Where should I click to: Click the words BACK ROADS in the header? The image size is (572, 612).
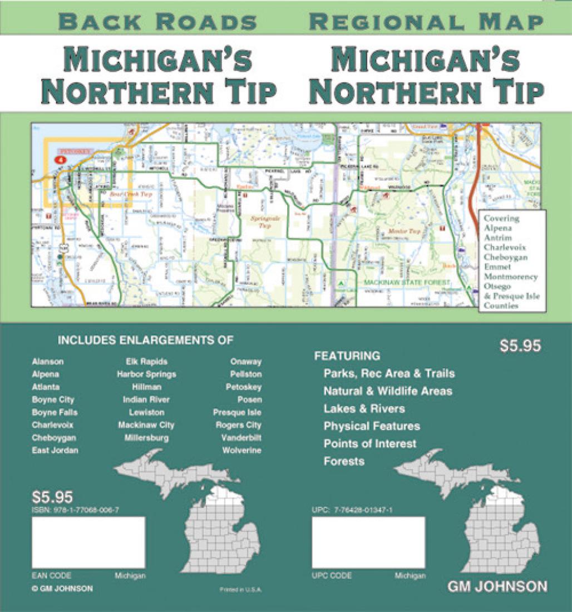pyautogui.click(x=157, y=22)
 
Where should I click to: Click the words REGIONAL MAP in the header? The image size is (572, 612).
pyautogui.click(x=426, y=22)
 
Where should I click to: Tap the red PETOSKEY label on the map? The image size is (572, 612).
pyautogui.click(x=71, y=151)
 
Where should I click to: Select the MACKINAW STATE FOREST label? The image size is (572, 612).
pyautogui.click(x=407, y=283)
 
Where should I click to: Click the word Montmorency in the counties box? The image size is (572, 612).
pyautogui.click(x=511, y=277)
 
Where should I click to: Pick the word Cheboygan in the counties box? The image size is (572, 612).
pyautogui.click(x=506, y=257)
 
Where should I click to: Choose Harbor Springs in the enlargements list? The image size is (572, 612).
pyautogui.click(x=146, y=374)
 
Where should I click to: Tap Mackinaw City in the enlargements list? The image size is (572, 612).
pyautogui.click(x=146, y=425)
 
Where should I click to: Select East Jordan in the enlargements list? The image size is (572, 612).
pyautogui.click(x=55, y=450)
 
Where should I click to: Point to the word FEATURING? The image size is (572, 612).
pyautogui.click(x=347, y=356)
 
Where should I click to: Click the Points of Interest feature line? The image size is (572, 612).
pyautogui.click(x=370, y=443)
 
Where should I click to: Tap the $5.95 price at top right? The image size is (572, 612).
pyautogui.click(x=520, y=346)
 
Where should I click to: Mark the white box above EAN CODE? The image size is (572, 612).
pyautogui.click(x=88, y=542)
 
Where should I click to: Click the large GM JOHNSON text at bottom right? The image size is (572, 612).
pyautogui.click(x=497, y=586)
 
